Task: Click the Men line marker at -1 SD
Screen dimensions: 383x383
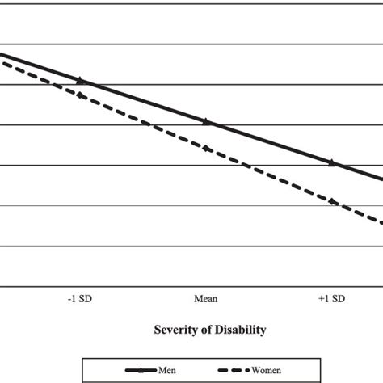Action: click(81, 80)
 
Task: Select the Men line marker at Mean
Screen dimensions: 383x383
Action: click(206, 121)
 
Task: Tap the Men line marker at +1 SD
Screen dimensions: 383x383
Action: click(331, 162)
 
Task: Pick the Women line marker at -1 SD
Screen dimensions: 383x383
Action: click(81, 95)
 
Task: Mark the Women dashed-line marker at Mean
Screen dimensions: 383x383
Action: click(206, 148)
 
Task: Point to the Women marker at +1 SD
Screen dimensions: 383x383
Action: click(331, 201)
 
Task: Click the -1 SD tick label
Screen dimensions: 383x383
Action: click(81, 298)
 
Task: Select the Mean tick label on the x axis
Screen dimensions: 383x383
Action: click(206, 298)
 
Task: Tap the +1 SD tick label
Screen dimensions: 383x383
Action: click(331, 298)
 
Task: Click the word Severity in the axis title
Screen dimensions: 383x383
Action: click(175, 330)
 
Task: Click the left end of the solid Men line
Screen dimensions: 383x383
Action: click(2, 54)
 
